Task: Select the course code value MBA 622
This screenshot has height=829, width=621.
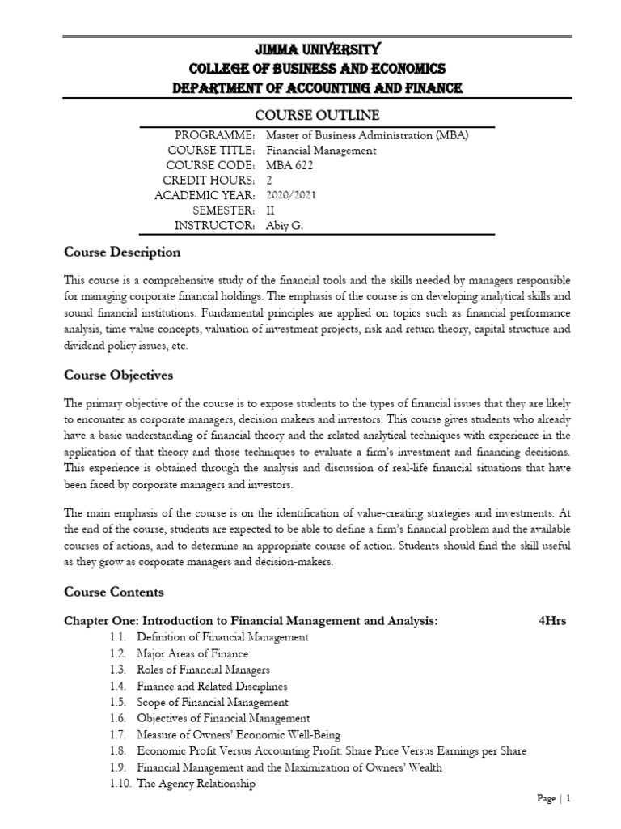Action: click(290, 164)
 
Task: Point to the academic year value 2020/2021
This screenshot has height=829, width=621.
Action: click(292, 194)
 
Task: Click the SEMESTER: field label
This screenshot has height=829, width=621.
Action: click(224, 210)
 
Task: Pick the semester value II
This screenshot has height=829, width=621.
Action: click(270, 210)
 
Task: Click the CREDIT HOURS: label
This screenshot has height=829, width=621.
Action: click(209, 180)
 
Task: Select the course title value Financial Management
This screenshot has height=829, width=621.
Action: click(321, 150)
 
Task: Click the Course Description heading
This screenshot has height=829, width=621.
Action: click(122, 252)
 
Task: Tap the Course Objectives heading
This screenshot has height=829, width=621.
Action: click(119, 376)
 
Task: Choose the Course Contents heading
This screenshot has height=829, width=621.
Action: click(114, 592)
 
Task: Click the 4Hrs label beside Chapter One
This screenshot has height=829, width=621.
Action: click(551, 621)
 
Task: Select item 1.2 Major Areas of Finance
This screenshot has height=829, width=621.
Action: click(192, 653)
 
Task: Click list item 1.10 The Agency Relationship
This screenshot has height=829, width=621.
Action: click(196, 784)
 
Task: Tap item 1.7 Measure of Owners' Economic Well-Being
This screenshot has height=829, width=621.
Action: click(239, 734)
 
